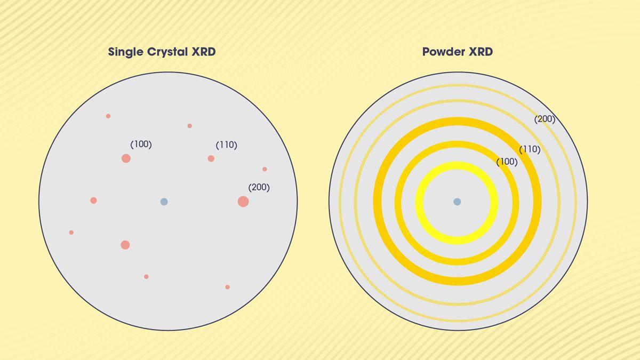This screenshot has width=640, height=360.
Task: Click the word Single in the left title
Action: tap(125, 52)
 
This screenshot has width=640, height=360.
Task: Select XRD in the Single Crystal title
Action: tap(204, 52)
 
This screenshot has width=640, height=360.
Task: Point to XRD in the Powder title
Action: tap(480, 52)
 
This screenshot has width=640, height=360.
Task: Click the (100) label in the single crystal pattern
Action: tap(141, 145)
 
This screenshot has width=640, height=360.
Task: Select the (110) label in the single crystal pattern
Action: tap(226, 145)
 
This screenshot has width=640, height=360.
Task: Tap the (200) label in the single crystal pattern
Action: tap(259, 188)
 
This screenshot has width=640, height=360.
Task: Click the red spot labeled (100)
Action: tap(126, 158)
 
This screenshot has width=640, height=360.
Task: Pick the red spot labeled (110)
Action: tap(211, 158)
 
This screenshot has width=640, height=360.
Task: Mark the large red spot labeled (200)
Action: tap(243, 202)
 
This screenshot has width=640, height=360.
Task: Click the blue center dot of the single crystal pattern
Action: tap(164, 202)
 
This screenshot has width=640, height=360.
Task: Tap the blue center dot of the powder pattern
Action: tap(457, 202)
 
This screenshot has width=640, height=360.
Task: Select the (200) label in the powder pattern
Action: tap(545, 119)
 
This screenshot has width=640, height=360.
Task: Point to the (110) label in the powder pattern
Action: tap(530, 150)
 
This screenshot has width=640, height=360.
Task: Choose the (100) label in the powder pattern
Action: tap(507, 162)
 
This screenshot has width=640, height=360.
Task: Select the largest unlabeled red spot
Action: tap(125, 245)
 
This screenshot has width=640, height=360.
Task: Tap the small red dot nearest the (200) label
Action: tap(265, 169)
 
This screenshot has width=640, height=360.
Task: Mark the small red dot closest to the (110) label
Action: tap(189, 126)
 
